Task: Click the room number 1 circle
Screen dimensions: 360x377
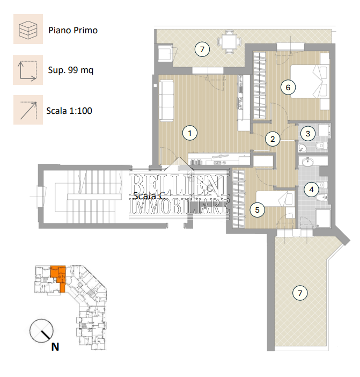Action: [190, 133]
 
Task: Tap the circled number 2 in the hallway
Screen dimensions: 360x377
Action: [273, 139]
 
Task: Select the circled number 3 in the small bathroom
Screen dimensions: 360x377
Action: [308, 134]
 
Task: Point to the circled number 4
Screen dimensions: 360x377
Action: [311, 190]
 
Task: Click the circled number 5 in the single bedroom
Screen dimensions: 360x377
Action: [257, 210]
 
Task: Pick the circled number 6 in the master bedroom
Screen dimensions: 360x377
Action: [288, 88]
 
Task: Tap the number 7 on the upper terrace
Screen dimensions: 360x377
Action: [202, 49]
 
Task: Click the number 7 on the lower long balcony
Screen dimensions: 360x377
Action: [300, 293]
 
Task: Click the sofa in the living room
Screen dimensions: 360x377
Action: [166, 100]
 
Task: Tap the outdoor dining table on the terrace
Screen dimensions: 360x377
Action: [229, 41]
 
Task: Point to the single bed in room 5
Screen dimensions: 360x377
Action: [275, 199]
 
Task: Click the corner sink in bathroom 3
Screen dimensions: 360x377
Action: [303, 148]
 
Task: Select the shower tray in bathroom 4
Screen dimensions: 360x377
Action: [323, 218]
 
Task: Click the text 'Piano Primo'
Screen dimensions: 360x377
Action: [73, 30]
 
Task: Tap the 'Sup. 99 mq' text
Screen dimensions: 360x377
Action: [71, 70]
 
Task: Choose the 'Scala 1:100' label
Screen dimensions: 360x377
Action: [69, 111]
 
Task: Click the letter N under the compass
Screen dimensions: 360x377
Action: [55, 347]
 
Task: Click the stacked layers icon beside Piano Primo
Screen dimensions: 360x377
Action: [28, 30]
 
